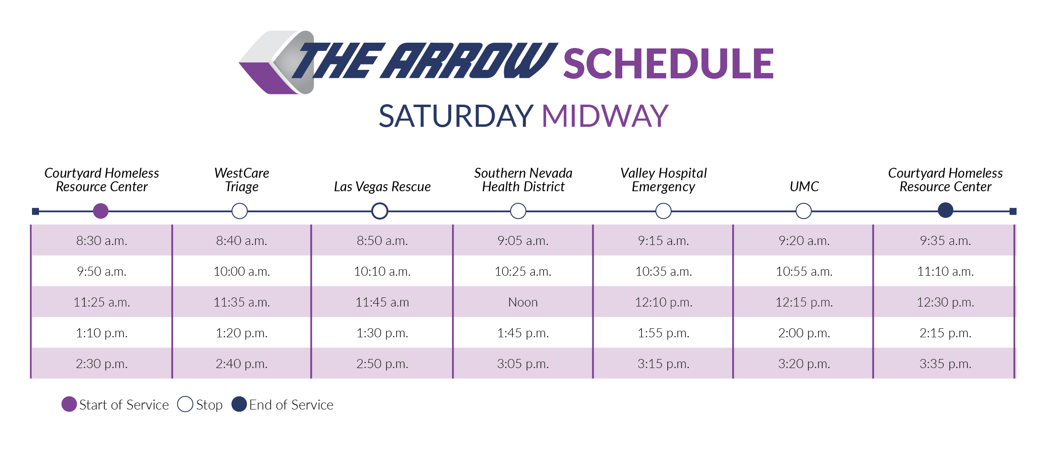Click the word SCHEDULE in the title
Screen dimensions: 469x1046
[668, 64]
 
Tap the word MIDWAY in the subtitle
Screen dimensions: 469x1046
[605, 116]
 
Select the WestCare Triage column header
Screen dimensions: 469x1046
[242, 180]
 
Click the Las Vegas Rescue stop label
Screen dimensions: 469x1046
[382, 187]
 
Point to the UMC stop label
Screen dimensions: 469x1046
[804, 187]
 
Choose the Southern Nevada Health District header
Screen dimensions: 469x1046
[523, 180]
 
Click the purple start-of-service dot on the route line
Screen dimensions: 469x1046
[100, 211]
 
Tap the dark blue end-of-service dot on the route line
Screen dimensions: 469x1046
[945, 210]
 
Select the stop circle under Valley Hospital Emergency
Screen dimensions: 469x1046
[663, 211]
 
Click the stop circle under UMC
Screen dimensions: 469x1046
[803, 211]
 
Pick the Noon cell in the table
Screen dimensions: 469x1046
[523, 302]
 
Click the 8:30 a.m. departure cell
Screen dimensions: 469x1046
[102, 240]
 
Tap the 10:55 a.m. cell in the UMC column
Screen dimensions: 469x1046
[804, 271]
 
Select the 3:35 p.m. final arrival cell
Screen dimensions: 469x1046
[945, 364]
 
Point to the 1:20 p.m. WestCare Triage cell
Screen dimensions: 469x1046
[242, 333]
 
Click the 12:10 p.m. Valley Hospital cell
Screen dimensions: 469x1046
[663, 302]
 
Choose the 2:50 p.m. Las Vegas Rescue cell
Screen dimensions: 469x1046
[382, 364]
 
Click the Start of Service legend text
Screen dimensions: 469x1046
[124, 405]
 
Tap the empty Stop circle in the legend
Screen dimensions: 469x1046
[185, 404]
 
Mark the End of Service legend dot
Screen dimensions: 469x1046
[239, 404]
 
